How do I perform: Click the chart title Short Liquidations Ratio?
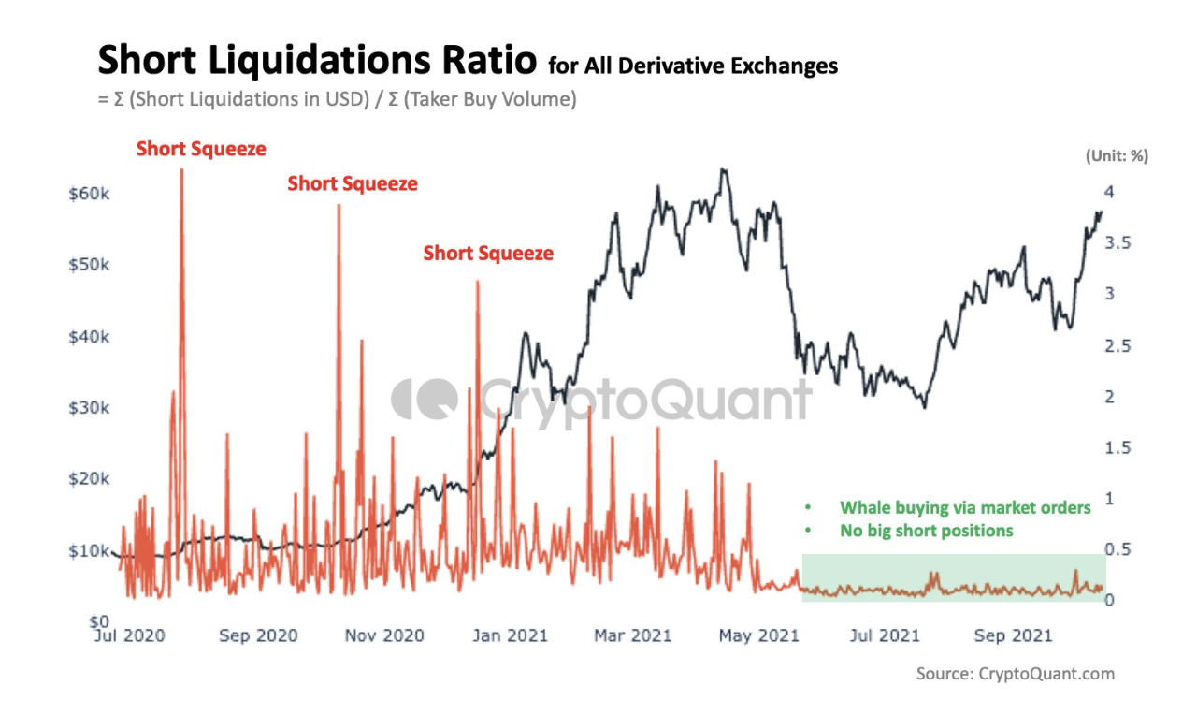click(318, 62)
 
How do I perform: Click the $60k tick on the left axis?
click(89, 193)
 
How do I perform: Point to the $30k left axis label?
click(89, 408)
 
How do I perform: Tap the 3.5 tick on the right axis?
click(1118, 243)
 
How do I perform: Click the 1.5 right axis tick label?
click(1118, 448)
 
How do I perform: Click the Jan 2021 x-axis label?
click(510, 636)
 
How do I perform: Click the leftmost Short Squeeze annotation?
click(201, 149)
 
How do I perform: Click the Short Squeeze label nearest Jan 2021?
click(488, 254)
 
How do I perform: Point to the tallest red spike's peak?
click(181, 170)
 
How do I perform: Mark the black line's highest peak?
click(722, 169)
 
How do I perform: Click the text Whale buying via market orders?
click(965, 508)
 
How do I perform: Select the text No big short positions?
click(926, 532)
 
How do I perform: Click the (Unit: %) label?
click(1117, 156)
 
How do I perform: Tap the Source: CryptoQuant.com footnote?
click(1015, 674)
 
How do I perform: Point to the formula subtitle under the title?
click(337, 99)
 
